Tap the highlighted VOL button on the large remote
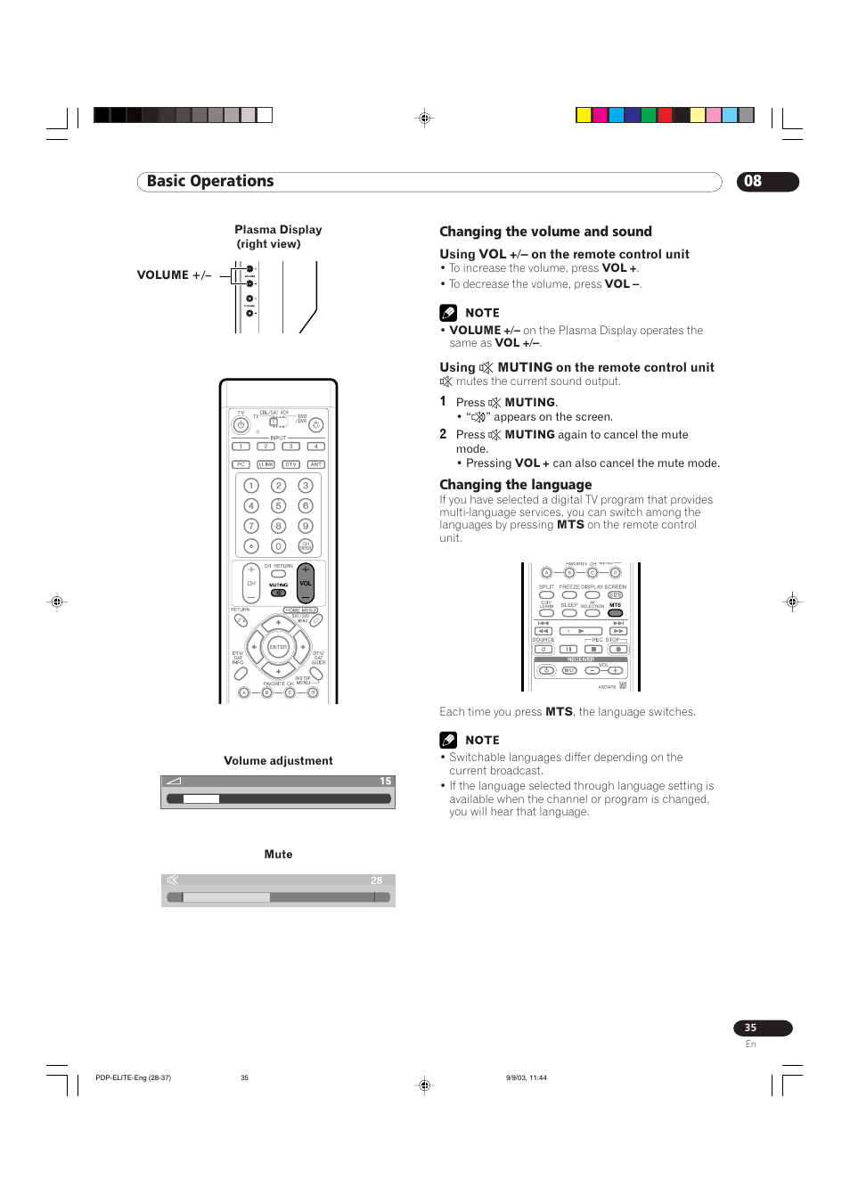pyautogui.click(x=306, y=584)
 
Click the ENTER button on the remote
pyautogui.click(x=278, y=647)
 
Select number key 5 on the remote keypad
pyautogui.click(x=278, y=505)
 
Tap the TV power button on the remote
pyautogui.click(x=241, y=425)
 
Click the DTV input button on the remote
pyautogui.click(x=290, y=464)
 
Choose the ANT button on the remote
pyautogui.click(x=315, y=464)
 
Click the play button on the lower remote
pyautogui.click(x=581, y=631)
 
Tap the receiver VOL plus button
pyautogui.click(x=615, y=670)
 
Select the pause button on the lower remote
pyautogui.click(x=568, y=649)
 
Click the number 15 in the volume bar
pyautogui.click(x=385, y=782)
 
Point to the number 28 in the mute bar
pyautogui.click(x=376, y=880)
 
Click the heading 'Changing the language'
pyautogui.click(x=515, y=485)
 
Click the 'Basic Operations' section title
pyautogui.click(x=210, y=182)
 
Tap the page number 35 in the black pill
pyautogui.click(x=751, y=1028)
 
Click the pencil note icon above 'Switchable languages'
pyautogui.click(x=448, y=740)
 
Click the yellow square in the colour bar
pyautogui.click(x=584, y=115)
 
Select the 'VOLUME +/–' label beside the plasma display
pyautogui.click(x=174, y=275)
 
